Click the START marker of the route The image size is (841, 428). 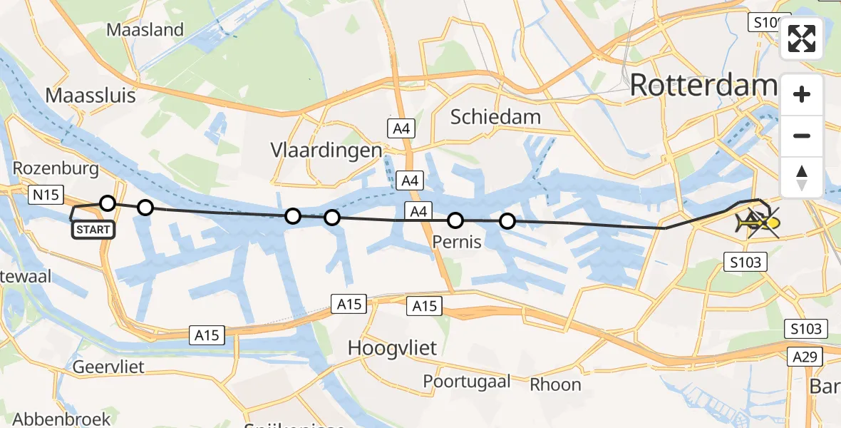[x=92, y=230]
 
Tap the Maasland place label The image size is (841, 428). [x=145, y=30]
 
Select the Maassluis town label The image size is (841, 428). [x=90, y=96]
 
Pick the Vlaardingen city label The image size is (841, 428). [x=326, y=151]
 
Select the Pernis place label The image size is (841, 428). [x=457, y=242]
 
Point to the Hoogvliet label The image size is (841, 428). [x=392, y=348]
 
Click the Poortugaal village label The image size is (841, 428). [x=467, y=382]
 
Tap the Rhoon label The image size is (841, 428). [x=555, y=384]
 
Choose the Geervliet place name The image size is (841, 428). [x=108, y=367]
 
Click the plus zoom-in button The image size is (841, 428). [x=802, y=94]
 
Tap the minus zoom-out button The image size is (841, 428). [x=802, y=136]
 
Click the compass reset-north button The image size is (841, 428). [x=802, y=177]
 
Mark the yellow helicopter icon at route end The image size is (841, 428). [x=758, y=223]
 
